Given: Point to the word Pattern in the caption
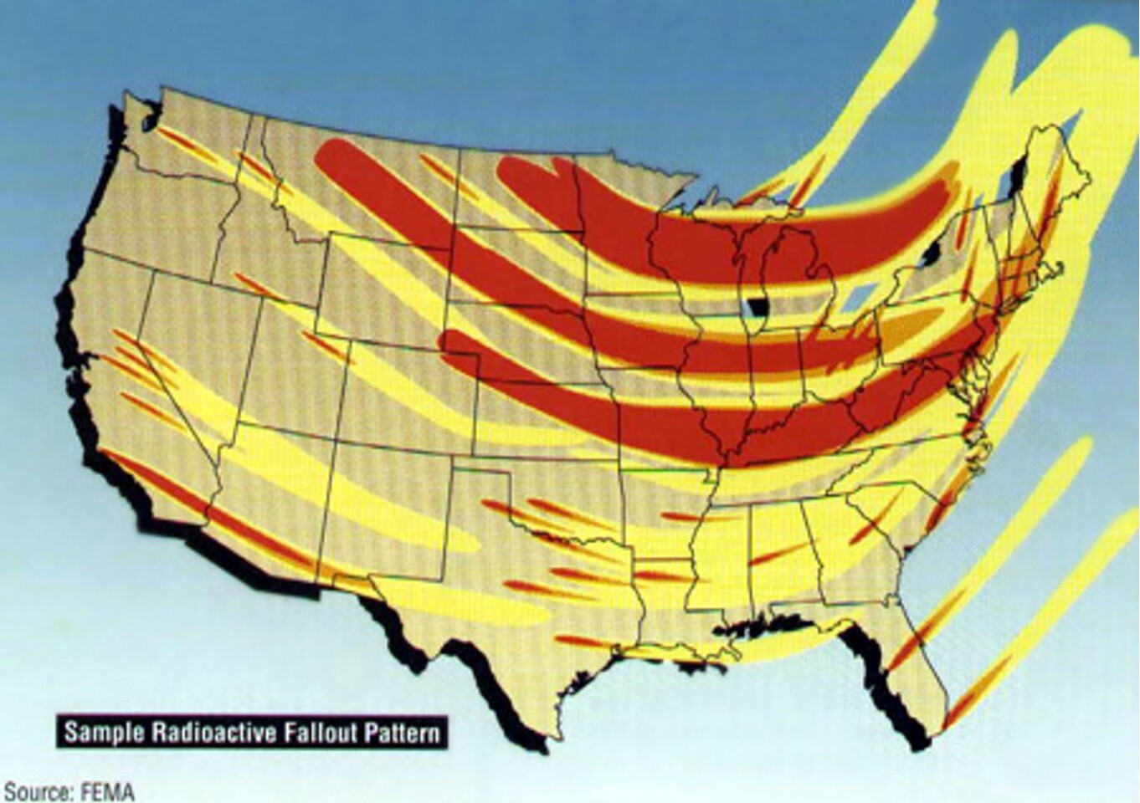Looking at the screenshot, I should coord(400,733).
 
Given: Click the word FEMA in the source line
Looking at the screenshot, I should coord(108,791).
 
